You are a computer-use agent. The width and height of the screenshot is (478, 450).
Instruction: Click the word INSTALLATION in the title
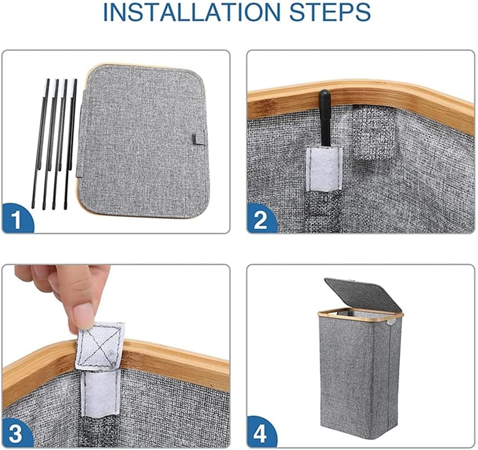(x=192, y=12)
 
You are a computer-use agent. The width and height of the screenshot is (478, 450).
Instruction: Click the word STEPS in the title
(x=330, y=12)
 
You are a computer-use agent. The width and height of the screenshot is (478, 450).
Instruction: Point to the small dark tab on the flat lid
(x=195, y=138)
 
